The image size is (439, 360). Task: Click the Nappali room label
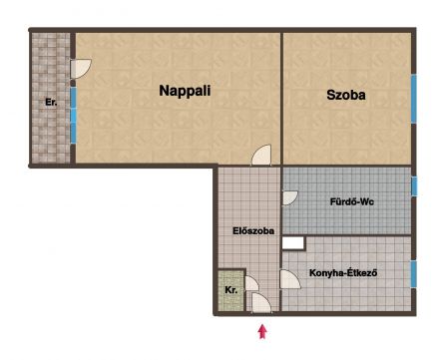tap(185, 91)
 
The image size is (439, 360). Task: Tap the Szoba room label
tap(346, 95)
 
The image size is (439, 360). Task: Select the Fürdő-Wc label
tap(352, 201)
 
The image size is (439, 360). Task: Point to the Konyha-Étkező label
tap(343, 273)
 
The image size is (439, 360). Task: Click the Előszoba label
tap(253, 230)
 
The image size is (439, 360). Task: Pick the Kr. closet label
tap(231, 290)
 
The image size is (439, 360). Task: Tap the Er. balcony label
tap(51, 102)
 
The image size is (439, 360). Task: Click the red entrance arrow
tap(262, 331)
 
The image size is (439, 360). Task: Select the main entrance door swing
tap(261, 303)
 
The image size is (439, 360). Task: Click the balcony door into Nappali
tap(81, 69)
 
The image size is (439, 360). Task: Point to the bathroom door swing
tap(289, 197)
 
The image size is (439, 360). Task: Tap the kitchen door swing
tap(290, 279)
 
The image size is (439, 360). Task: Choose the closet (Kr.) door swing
tap(251, 283)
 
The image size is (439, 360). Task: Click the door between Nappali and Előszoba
tap(261, 155)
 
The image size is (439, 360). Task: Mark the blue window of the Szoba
tap(413, 99)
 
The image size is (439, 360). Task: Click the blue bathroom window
tap(414, 186)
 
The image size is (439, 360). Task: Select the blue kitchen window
tap(414, 274)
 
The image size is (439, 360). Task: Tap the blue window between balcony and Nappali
tap(73, 116)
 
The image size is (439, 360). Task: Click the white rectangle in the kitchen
tap(293, 243)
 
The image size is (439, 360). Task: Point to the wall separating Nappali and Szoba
tap(281, 98)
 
